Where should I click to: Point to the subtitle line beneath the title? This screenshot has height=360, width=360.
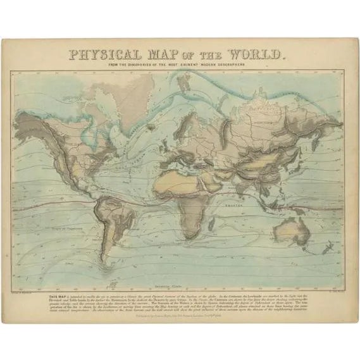(x=180, y=66)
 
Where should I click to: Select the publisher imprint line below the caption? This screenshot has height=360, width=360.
(x=180, y=312)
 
